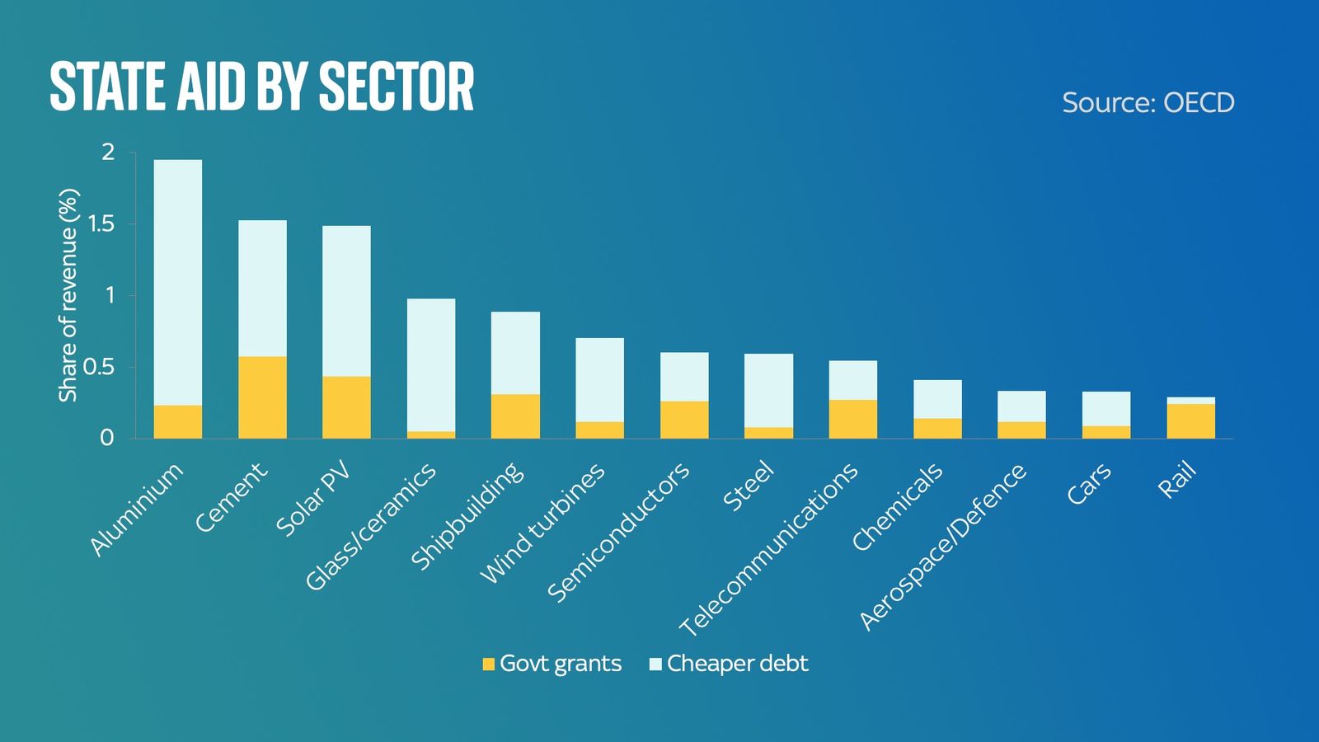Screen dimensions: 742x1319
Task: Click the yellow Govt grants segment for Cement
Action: coord(262,397)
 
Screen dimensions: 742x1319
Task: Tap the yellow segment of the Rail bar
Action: coord(1190,420)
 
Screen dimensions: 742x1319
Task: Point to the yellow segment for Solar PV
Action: coord(346,406)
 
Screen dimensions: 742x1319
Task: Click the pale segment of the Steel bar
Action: coord(768,390)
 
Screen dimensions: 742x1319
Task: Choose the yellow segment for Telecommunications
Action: coord(853,419)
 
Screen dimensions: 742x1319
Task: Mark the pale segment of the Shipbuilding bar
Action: coord(515,353)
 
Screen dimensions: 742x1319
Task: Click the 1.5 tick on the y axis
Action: coord(102,224)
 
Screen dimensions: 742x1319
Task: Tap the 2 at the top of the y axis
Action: coord(107,153)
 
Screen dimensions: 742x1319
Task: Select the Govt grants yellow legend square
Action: coord(489,664)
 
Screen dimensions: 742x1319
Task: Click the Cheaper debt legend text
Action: coord(737,664)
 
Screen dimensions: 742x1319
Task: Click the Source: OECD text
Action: coord(1148,103)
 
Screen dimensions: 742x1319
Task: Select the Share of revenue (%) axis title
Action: coord(68,295)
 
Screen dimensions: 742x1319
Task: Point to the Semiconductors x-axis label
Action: coord(618,532)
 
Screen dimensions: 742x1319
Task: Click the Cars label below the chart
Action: coord(1088,485)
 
